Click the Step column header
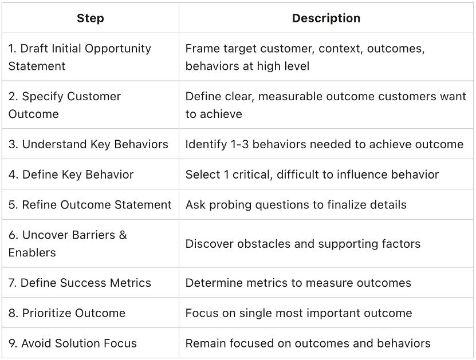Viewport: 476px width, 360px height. point(90,18)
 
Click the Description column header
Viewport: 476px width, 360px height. point(326,18)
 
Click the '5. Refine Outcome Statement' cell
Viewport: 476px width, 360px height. point(90,205)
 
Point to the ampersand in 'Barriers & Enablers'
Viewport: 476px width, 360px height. point(123,235)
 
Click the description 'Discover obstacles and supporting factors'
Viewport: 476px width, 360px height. point(302,244)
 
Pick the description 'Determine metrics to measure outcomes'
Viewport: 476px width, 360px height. point(298,283)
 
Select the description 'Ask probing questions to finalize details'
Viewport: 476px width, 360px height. point(296,205)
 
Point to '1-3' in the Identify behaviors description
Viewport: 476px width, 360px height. point(239,144)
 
